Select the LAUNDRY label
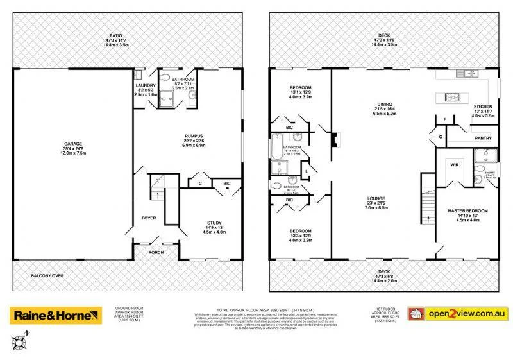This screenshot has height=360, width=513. pyautogui.click(x=146, y=85)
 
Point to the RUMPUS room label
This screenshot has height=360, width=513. pyautogui.click(x=194, y=136)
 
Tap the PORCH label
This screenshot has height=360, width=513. pyautogui.click(x=155, y=252)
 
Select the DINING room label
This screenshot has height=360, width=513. pyautogui.click(x=384, y=105)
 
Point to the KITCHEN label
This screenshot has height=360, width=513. pyautogui.click(x=482, y=107)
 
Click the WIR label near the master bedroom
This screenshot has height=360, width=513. pyautogui.click(x=454, y=164)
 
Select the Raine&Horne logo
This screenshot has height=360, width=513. pyautogui.click(x=55, y=316)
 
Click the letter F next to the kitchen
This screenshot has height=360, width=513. pyautogui.click(x=445, y=120)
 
